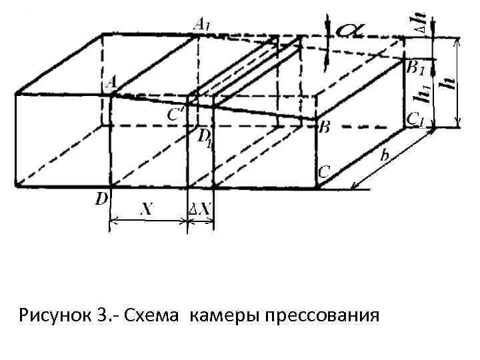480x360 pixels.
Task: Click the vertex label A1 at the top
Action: click(201, 24)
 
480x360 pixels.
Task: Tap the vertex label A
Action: click(111, 81)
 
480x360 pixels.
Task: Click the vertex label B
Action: click(324, 126)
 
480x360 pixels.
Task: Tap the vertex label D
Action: click(103, 198)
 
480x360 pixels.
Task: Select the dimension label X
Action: click(146, 209)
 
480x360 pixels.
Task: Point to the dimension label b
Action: click(385, 155)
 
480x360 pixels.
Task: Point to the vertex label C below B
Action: click(323, 172)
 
